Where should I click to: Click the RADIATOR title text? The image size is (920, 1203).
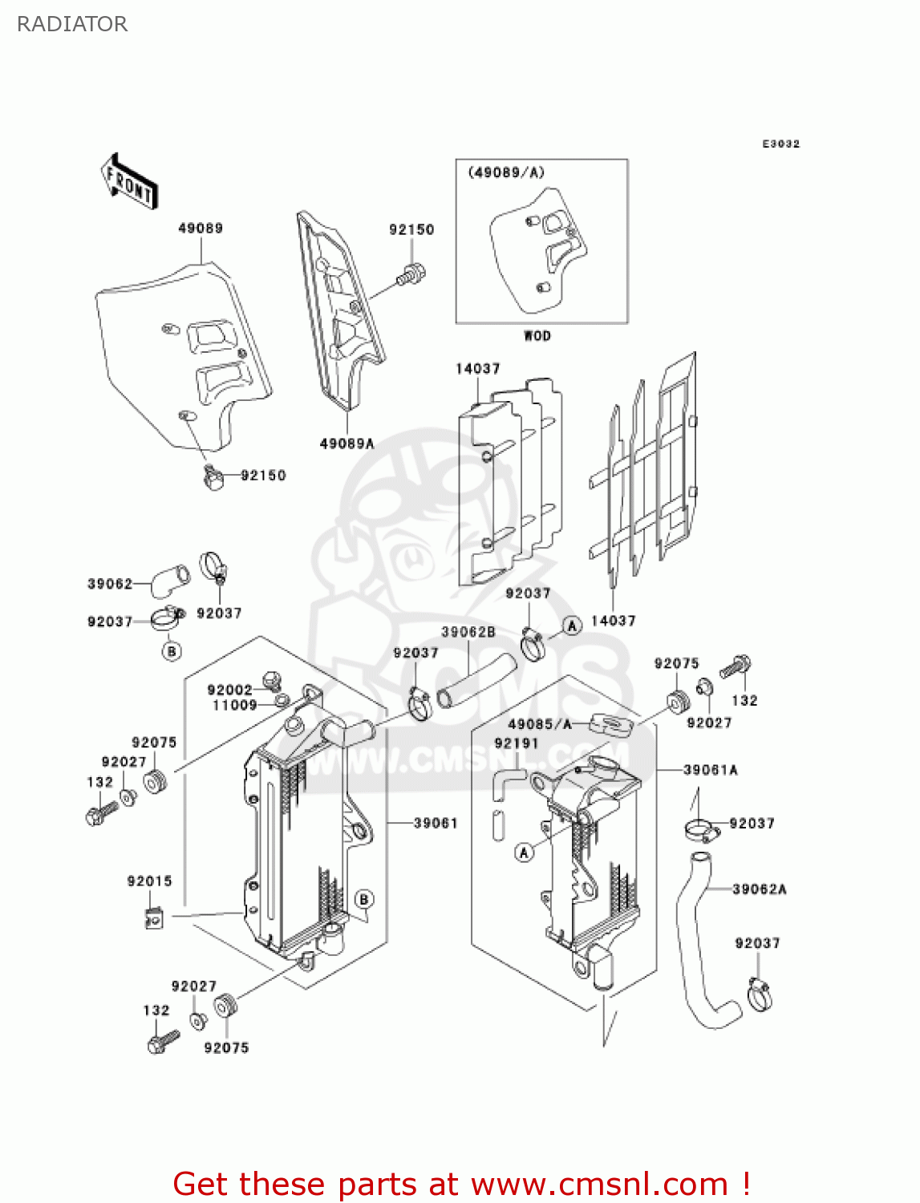point(72,24)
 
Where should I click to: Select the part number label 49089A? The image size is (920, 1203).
point(347,444)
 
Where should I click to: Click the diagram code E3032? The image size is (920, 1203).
point(780,144)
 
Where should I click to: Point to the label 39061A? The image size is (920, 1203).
point(710,770)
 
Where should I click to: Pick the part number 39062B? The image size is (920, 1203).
point(468,632)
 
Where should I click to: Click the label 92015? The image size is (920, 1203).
point(149,881)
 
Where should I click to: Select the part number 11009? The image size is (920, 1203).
point(234,705)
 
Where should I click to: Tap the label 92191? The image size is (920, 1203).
point(516,743)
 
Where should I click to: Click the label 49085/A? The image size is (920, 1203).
point(540,724)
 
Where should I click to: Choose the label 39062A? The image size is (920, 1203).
point(759,889)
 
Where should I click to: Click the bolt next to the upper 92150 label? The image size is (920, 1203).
point(411,275)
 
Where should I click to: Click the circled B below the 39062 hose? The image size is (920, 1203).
point(172,651)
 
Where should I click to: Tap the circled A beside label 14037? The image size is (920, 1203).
point(572,626)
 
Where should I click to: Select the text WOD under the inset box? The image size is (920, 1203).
point(537,335)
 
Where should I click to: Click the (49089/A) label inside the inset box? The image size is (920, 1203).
point(506,172)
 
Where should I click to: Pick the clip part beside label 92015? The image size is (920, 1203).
point(154,917)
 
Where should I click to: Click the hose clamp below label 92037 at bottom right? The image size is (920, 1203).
point(760,994)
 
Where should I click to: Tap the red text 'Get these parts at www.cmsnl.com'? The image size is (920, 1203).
point(461,1184)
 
